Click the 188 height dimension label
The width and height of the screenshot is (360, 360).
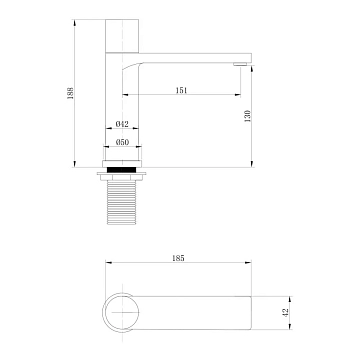tap(70, 93)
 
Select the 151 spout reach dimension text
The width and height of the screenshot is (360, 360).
tap(181, 90)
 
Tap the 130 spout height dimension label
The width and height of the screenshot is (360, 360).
tap(248, 116)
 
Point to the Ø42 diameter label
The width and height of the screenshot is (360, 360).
tap(122, 124)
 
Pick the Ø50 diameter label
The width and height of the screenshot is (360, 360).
tap(122, 142)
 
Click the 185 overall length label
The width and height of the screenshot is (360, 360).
tap(178, 258)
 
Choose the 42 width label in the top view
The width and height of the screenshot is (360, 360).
tap(286, 313)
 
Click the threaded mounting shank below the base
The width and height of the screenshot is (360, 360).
tap(121, 202)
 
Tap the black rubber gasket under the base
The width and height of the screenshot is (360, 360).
tap(121, 169)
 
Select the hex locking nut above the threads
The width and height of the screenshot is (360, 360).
tap(121, 176)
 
